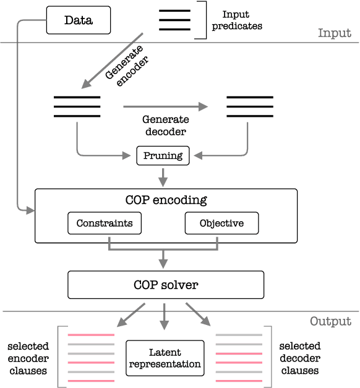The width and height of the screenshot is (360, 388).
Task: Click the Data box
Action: pyautogui.click(x=78, y=20)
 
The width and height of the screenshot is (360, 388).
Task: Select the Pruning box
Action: pyautogui.click(x=163, y=156)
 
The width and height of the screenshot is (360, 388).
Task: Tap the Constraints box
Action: pyautogui.click(x=104, y=223)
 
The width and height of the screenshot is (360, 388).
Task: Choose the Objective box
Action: pyautogui.click(x=221, y=223)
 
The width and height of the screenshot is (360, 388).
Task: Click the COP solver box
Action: pyautogui.click(x=165, y=285)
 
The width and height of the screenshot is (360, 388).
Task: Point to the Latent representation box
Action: pyautogui.click(x=165, y=358)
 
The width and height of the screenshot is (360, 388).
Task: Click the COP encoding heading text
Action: pyautogui.click(x=166, y=200)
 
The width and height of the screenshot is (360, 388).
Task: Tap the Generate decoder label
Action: pyautogui.click(x=165, y=125)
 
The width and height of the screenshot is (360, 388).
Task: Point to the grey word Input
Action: pyautogui.click(x=334, y=33)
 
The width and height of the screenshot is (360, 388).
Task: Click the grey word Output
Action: pyautogui.click(x=330, y=321)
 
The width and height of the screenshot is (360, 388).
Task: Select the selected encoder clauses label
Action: pyautogui.click(x=28, y=358)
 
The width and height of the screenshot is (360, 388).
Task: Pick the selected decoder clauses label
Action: pyautogui.click(x=301, y=358)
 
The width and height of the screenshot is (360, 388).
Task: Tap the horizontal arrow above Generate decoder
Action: pyautogui.click(x=165, y=106)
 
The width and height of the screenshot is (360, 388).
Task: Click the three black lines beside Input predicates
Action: pyautogui.click(x=174, y=20)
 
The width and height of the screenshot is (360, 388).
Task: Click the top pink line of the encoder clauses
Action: pyautogui.click(x=91, y=334)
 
